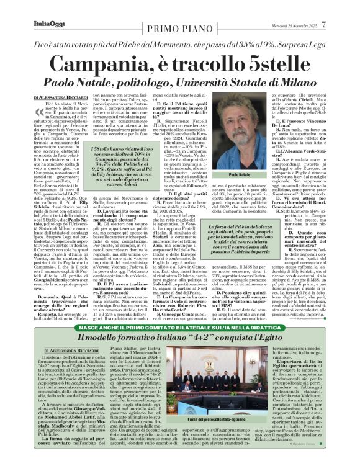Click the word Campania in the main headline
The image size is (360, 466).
102,63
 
